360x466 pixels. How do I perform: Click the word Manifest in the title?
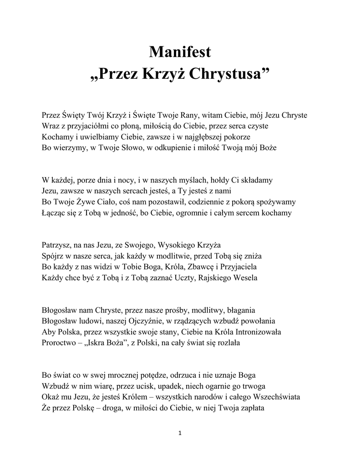point(180,53)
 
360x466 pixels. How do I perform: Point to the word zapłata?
point(250,407)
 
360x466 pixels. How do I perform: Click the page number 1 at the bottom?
point(180,433)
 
